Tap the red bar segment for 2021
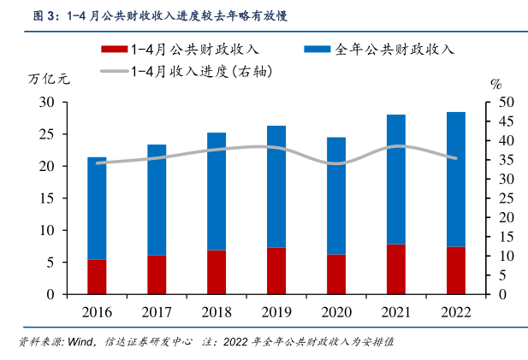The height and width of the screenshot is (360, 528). coord(395,269)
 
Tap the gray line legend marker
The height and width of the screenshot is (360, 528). coord(113,72)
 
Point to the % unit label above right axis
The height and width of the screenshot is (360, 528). coord(495,84)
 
